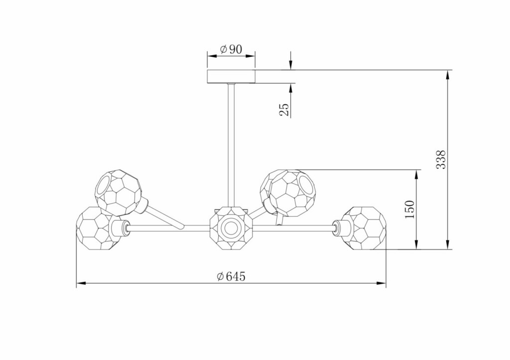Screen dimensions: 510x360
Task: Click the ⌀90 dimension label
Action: pyautogui.click(x=231, y=49)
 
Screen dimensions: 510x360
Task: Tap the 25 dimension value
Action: pyautogui.click(x=284, y=110)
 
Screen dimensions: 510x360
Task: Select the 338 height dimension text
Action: pyautogui.click(x=441, y=160)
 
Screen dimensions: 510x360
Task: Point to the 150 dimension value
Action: pyautogui.click(x=410, y=210)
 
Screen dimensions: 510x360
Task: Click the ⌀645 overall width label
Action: pyautogui.click(x=231, y=276)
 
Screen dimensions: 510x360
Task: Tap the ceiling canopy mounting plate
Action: pyautogui.click(x=231, y=76)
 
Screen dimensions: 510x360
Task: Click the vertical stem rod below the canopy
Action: pyautogui.click(x=231, y=145)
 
